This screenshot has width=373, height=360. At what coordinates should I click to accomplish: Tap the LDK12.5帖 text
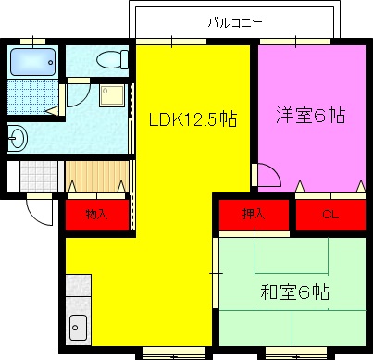click(x=193, y=119)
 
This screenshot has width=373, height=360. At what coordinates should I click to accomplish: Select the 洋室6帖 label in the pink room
click(x=311, y=117)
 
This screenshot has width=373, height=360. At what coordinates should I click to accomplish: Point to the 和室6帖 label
click(x=294, y=293)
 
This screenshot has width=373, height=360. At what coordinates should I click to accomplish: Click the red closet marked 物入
click(x=96, y=215)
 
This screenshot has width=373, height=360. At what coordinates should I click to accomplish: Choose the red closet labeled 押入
click(x=254, y=215)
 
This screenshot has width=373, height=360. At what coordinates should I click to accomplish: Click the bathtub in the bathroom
click(x=33, y=63)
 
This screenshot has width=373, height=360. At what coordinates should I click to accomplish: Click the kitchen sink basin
click(x=78, y=327)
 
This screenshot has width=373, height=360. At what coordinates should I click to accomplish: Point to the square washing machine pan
click(x=113, y=97)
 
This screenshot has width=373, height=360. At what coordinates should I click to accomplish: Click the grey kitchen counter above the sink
click(x=78, y=292)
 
